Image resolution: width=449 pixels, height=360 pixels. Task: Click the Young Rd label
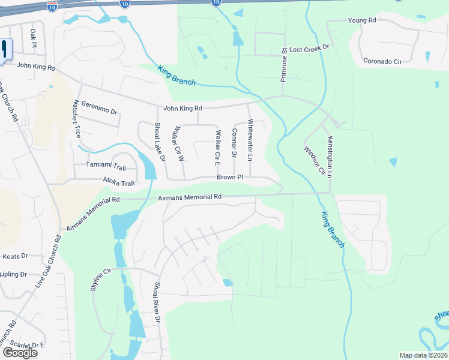[361, 20]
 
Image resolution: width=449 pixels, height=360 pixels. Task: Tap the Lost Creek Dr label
[310, 47]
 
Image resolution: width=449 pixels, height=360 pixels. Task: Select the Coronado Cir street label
[382, 61]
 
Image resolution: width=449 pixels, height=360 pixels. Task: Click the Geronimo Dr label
[99, 107]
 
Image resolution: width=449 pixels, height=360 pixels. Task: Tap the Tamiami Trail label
[106, 165]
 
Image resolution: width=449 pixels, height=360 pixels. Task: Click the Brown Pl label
[230, 178]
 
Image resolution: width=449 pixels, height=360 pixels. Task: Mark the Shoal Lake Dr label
[159, 142]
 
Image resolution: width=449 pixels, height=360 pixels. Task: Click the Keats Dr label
[16, 256]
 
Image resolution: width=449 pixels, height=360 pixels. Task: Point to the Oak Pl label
[33, 38]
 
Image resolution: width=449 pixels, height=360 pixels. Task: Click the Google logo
[20, 352]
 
